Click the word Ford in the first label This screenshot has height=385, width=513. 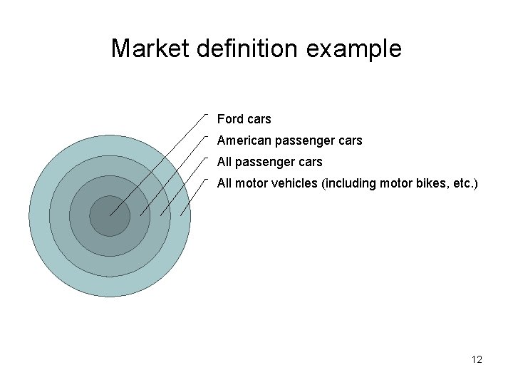tap(229, 119)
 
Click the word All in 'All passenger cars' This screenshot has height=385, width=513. tap(224, 162)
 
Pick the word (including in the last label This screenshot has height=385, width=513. tap(350, 183)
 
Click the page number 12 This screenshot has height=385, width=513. tap(477, 360)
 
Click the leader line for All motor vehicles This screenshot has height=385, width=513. tap(194, 195)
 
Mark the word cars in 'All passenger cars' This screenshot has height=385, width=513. tap(309, 162)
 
